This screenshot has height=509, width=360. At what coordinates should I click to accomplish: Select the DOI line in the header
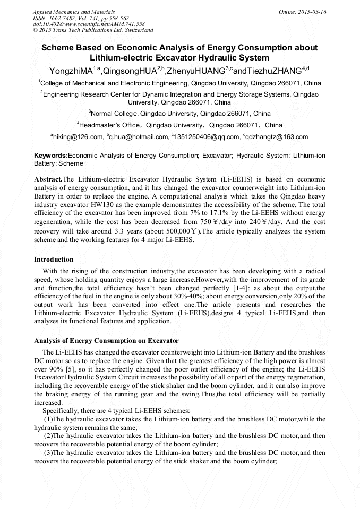[89, 24]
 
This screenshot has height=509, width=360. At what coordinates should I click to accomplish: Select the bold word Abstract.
[48, 179]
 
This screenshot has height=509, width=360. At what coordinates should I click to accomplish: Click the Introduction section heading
[54, 260]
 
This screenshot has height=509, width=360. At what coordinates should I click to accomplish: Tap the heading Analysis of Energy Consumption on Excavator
[106, 340]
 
